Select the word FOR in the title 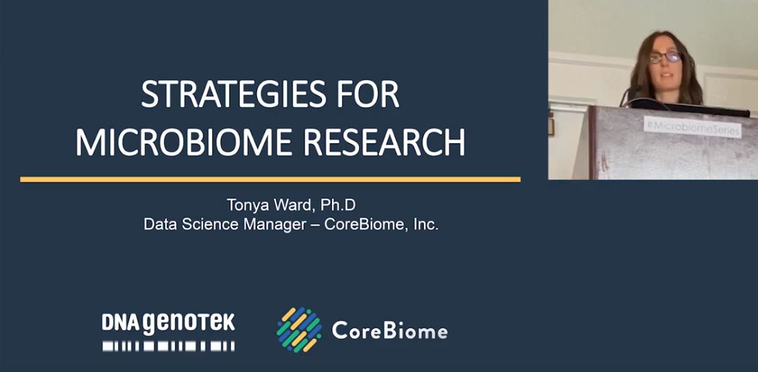[x=366, y=95]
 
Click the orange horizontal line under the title [x=270, y=179]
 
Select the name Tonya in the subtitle [x=244, y=205]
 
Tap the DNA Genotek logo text [x=168, y=323]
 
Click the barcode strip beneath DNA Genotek [x=168, y=346]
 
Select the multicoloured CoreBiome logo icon [x=299, y=330]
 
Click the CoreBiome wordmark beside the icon [x=389, y=330]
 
